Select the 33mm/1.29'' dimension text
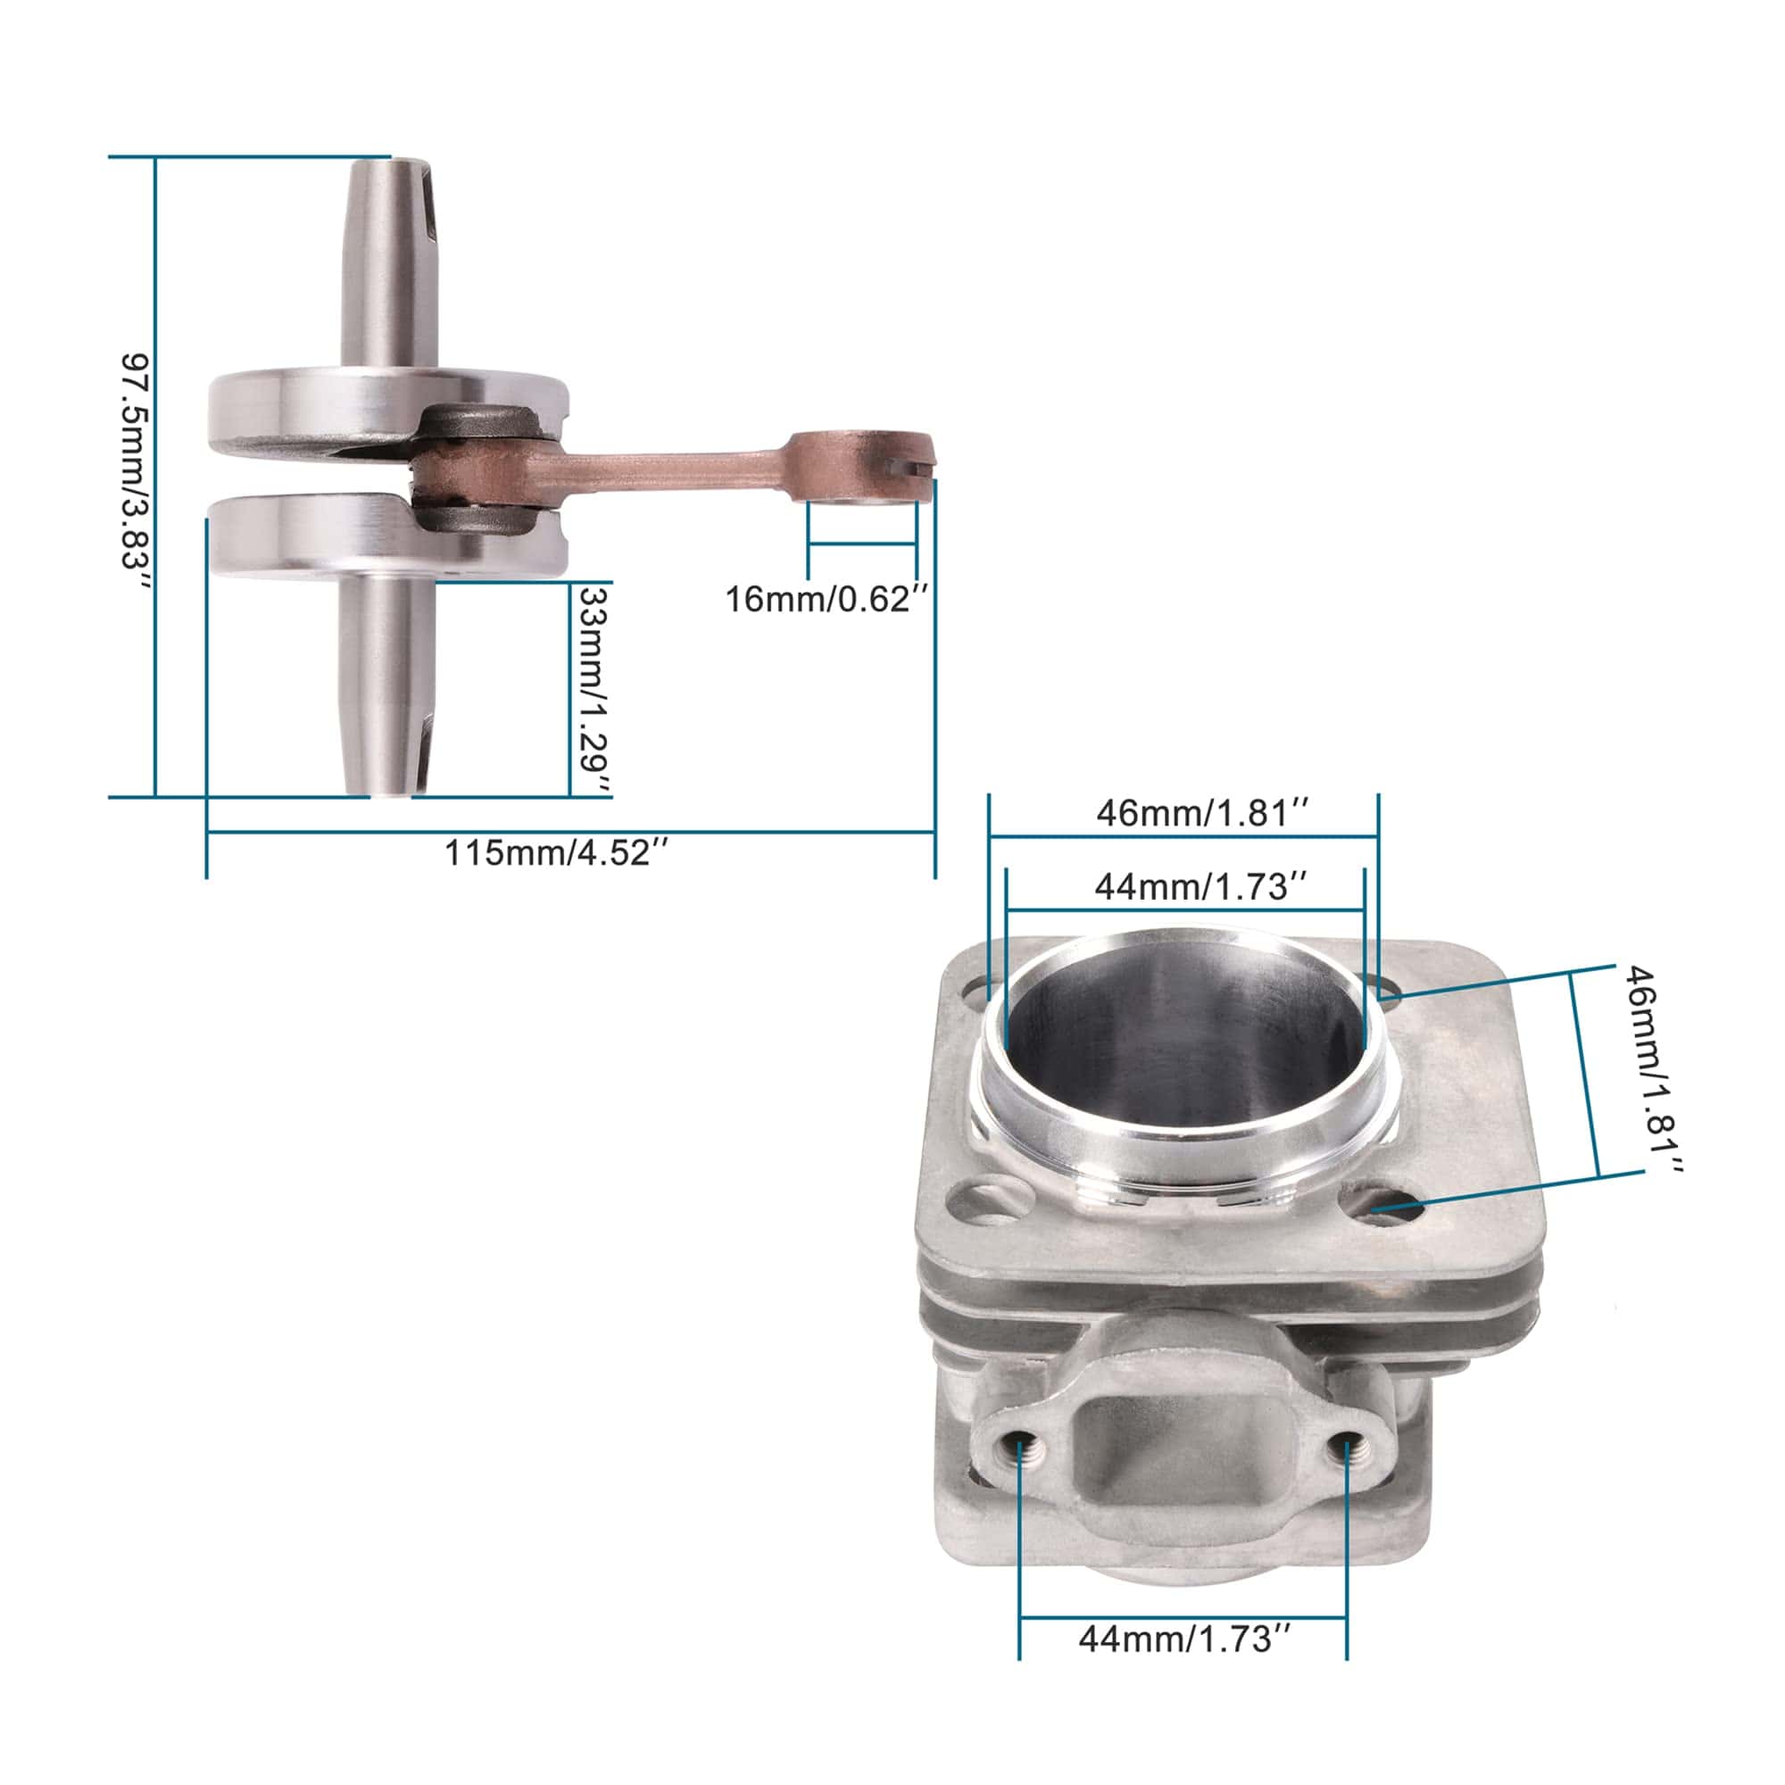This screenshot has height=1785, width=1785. point(594,689)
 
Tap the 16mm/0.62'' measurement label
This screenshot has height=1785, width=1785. point(826,600)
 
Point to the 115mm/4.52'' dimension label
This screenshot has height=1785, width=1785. point(557,851)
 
